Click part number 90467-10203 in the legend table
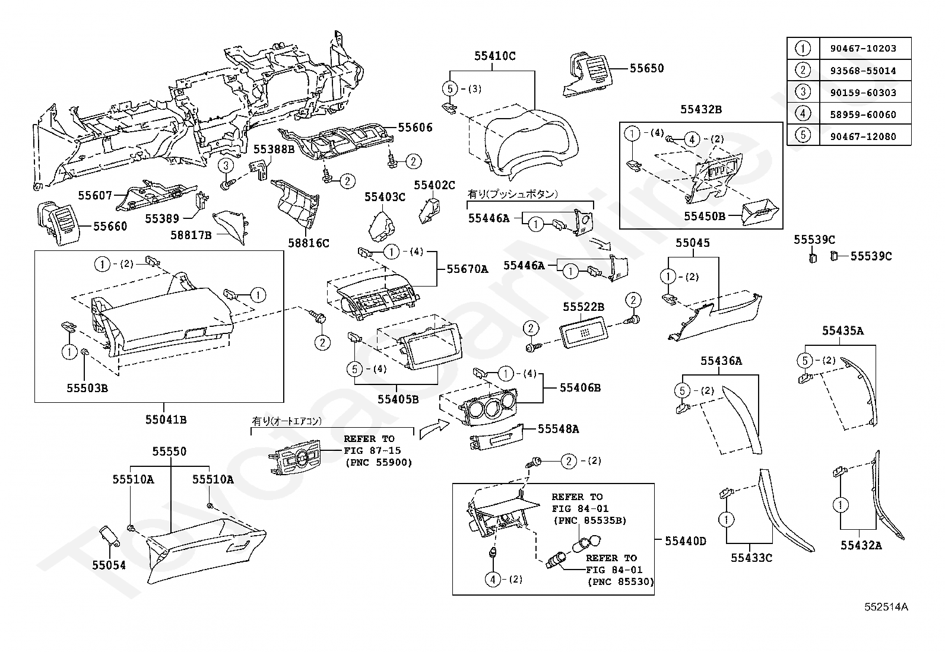(863, 49)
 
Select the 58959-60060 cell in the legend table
(863, 115)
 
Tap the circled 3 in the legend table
(803, 92)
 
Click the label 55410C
(495, 56)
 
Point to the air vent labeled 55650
(588, 75)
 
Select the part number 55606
(415, 128)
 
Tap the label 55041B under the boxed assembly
(166, 419)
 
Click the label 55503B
(87, 388)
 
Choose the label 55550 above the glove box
(169, 451)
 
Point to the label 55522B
(584, 307)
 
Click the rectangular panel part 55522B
(584, 332)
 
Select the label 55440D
(686, 541)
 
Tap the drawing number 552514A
(886, 607)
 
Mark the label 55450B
(705, 217)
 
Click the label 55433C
(751, 558)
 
